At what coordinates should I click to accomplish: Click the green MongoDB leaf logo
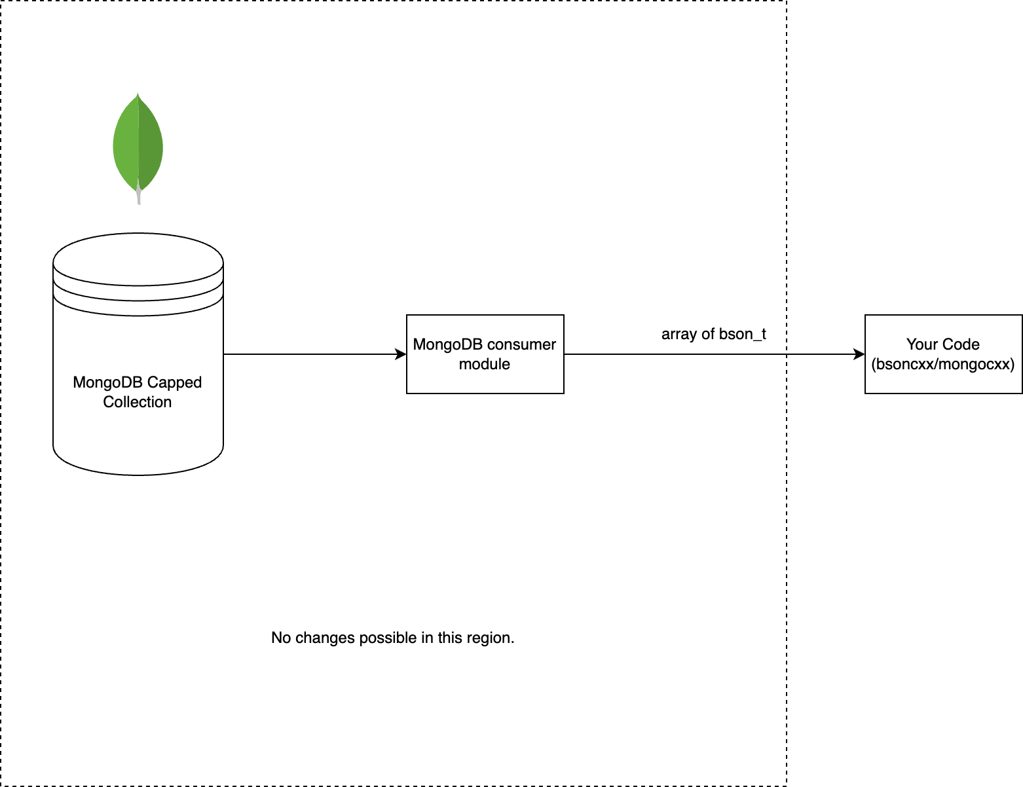pyautogui.click(x=138, y=144)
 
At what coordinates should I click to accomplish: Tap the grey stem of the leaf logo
pyautogui.click(x=139, y=196)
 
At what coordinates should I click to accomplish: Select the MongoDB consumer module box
pyautogui.click(x=485, y=354)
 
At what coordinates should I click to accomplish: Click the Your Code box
pyautogui.click(x=943, y=354)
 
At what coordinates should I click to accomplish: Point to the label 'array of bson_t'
pyautogui.click(x=713, y=335)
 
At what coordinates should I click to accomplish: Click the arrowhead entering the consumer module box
pyautogui.click(x=401, y=354)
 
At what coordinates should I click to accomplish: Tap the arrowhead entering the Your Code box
pyautogui.click(x=859, y=354)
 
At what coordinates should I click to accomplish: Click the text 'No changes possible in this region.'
pyautogui.click(x=392, y=638)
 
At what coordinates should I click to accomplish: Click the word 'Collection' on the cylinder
pyautogui.click(x=138, y=402)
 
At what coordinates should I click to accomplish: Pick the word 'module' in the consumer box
pyautogui.click(x=485, y=364)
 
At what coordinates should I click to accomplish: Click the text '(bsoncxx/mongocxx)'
pyautogui.click(x=943, y=364)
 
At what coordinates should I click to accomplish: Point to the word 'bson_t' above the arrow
pyautogui.click(x=743, y=335)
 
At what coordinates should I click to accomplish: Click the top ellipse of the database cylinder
pyautogui.click(x=138, y=259)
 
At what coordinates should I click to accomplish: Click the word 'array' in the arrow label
pyautogui.click(x=679, y=335)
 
